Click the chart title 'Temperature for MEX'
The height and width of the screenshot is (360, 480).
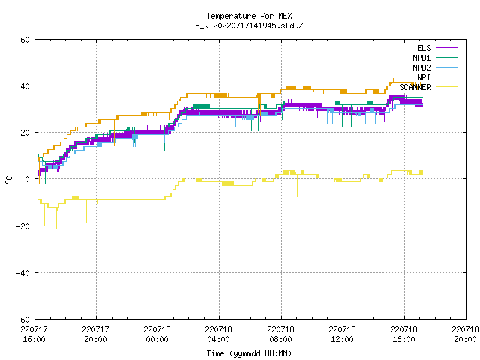click(x=249, y=16)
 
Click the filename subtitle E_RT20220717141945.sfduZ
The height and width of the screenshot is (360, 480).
click(x=249, y=25)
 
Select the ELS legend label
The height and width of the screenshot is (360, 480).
click(x=424, y=48)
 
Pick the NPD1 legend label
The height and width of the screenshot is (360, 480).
click(x=421, y=58)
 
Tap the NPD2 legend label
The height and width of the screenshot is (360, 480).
click(x=421, y=67)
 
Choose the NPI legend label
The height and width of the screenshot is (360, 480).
click(x=424, y=77)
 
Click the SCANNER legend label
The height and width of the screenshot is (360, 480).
click(x=415, y=87)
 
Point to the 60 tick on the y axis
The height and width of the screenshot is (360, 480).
click(x=25, y=40)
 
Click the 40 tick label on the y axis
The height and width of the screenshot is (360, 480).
click(x=25, y=86)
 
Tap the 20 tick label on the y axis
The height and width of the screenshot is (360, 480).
click(x=25, y=133)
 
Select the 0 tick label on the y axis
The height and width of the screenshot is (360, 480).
click(x=28, y=179)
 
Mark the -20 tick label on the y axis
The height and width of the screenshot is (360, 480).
click(x=23, y=226)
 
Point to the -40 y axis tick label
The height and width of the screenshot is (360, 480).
click(x=23, y=273)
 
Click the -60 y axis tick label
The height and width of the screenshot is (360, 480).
click(x=23, y=319)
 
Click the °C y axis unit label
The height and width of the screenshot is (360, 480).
click(x=8, y=180)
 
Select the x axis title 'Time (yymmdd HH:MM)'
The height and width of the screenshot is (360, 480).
click(x=249, y=353)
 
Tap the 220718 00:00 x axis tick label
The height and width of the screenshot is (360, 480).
click(x=157, y=334)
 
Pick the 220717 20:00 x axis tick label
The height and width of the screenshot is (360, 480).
click(x=95, y=334)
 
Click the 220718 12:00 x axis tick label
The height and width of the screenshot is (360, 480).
click(x=342, y=334)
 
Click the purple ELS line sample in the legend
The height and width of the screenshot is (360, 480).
click(x=446, y=48)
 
